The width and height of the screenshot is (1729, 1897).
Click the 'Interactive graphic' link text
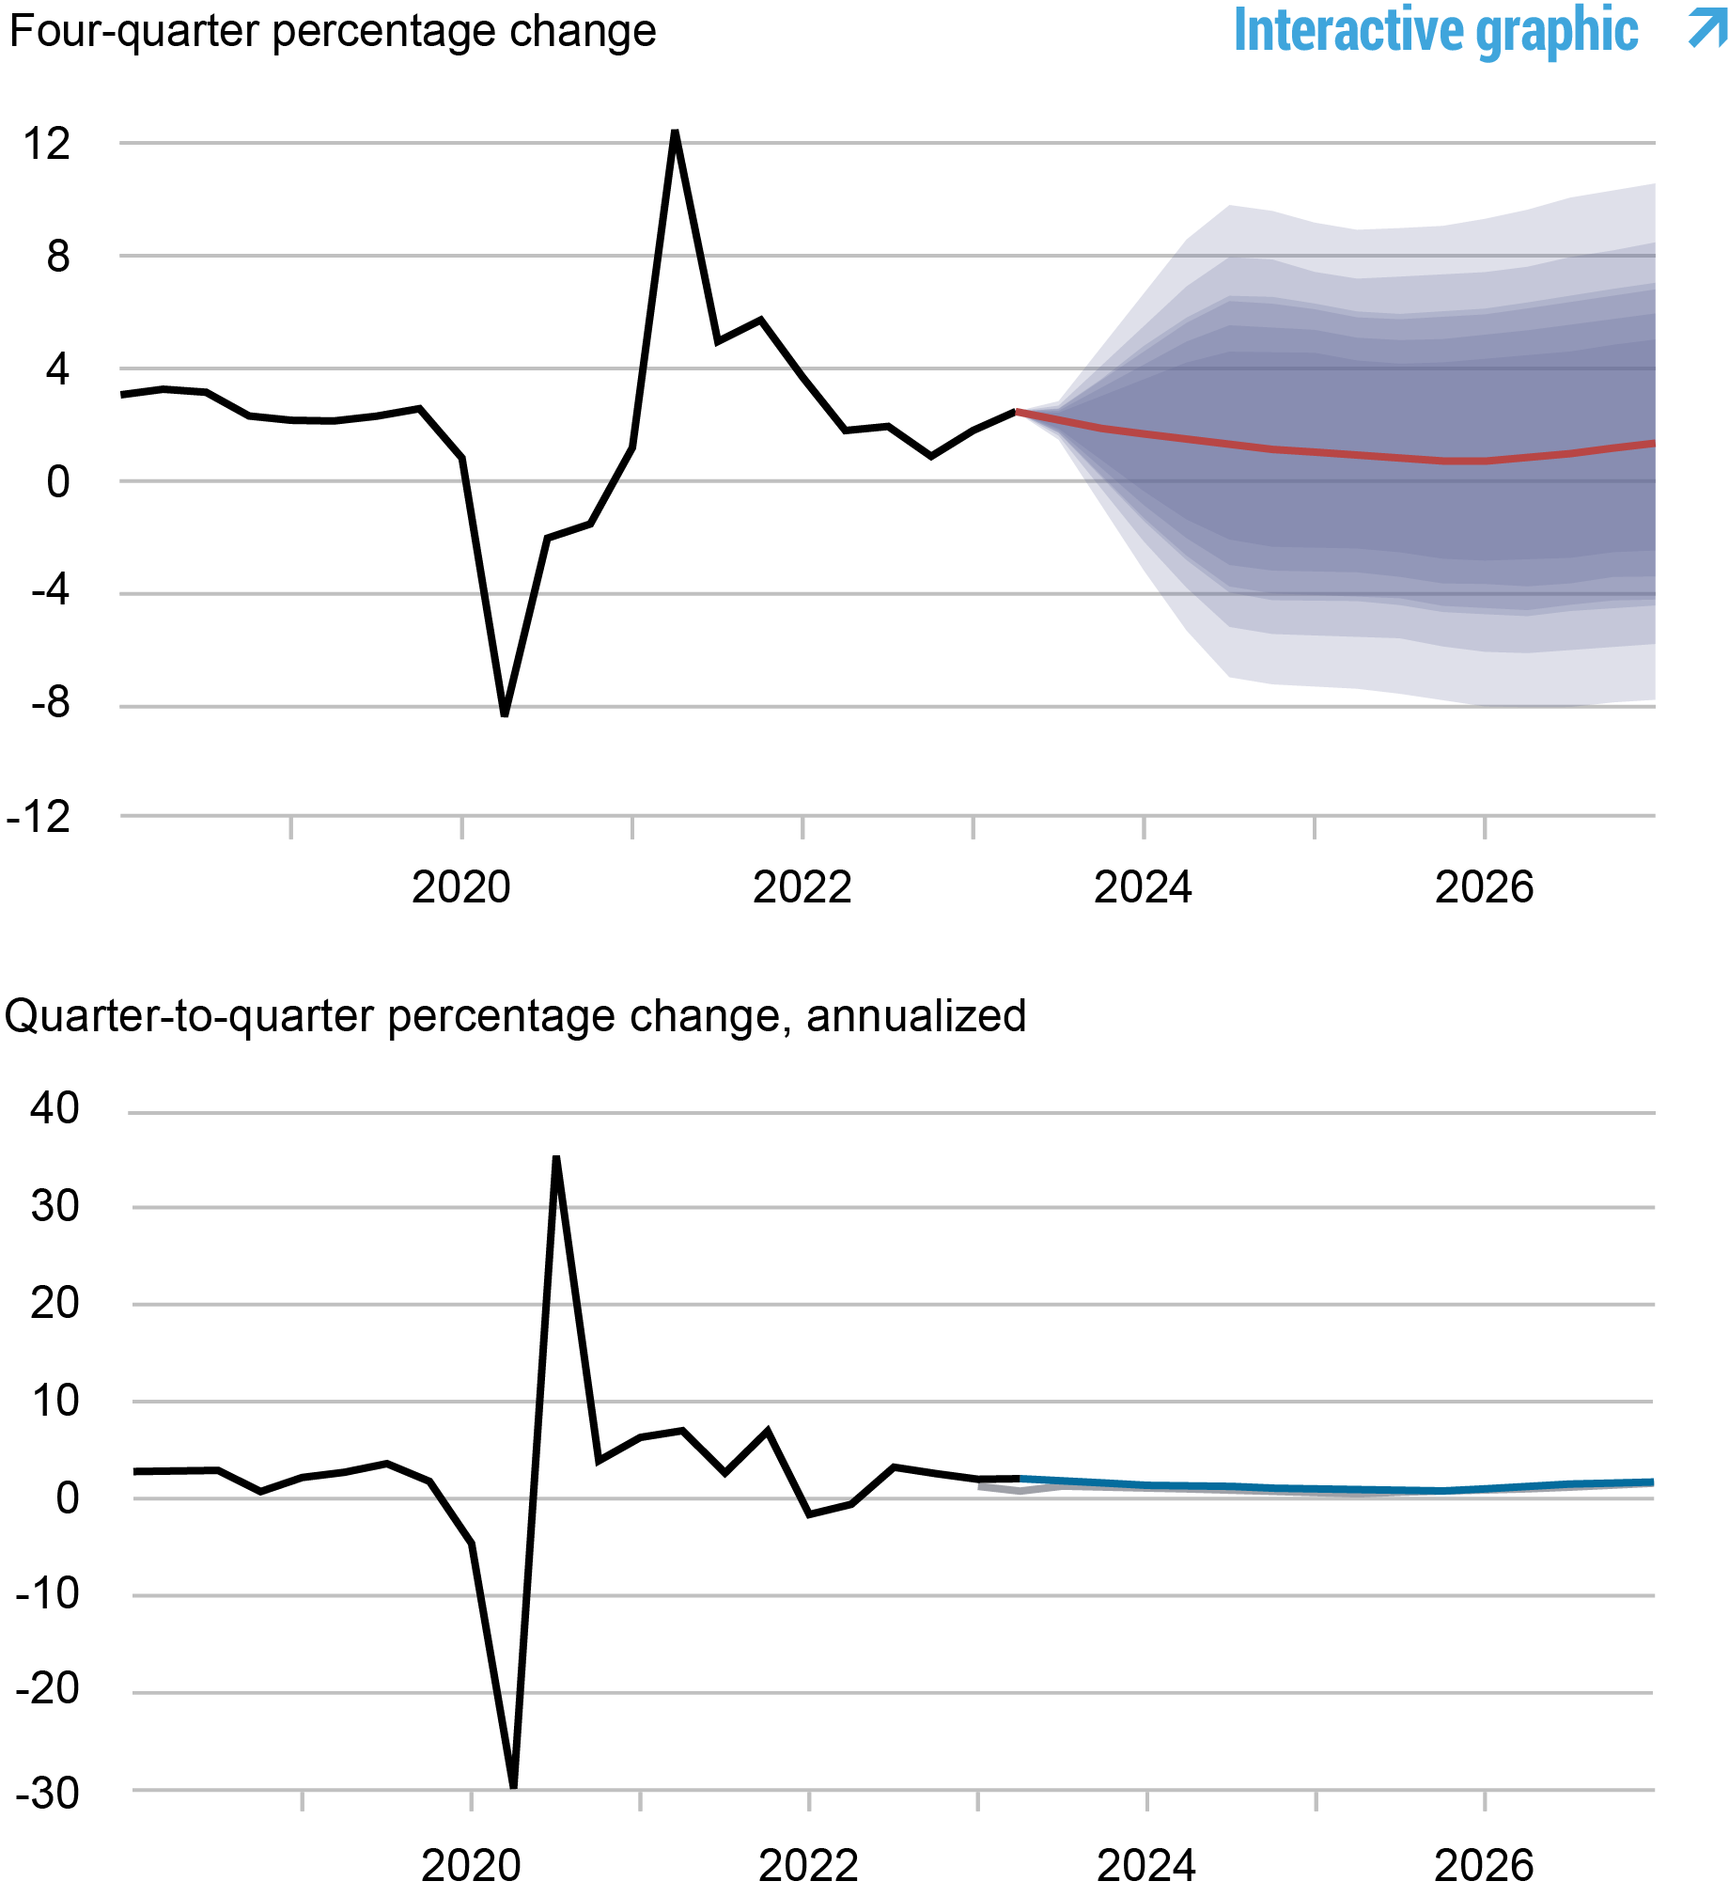(1436, 30)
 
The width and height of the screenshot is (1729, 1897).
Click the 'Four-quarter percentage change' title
(332, 31)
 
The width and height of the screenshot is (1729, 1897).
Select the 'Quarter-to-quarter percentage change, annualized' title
(515, 1016)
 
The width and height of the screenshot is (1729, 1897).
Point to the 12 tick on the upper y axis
(47, 144)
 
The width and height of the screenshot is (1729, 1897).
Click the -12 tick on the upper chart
(39, 817)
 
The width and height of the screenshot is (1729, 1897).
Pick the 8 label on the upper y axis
(57, 256)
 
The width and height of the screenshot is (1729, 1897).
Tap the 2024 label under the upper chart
(1142, 887)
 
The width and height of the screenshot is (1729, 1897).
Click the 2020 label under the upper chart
(461, 887)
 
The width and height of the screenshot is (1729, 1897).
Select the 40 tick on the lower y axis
(55, 1108)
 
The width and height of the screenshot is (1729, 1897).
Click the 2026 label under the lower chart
(1484, 1865)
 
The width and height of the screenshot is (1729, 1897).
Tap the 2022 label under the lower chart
(808, 1865)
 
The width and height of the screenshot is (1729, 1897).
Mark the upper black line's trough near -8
(505, 713)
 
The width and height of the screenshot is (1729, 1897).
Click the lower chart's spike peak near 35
(556, 1160)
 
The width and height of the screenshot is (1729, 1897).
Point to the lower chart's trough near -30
(513, 1785)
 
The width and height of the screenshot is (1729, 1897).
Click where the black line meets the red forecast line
(1017, 411)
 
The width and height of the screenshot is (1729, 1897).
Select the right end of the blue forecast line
(1651, 1482)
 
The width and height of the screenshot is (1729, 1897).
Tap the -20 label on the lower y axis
(47, 1689)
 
